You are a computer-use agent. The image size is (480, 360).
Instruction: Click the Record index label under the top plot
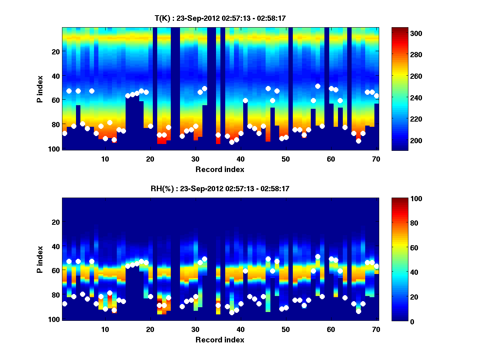tap(220, 169)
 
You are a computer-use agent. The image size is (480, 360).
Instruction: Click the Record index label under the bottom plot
tap(220, 340)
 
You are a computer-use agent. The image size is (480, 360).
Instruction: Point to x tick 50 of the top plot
tap(286, 159)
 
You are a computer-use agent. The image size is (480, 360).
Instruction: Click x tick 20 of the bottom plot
tap(150, 329)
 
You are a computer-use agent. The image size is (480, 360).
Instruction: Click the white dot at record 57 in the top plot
tap(318, 86)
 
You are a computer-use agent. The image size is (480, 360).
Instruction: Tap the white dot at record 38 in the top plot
tap(232, 142)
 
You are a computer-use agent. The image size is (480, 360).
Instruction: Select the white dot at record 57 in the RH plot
tap(318, 256)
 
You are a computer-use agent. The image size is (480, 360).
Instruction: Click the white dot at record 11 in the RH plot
tap(110, 293)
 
